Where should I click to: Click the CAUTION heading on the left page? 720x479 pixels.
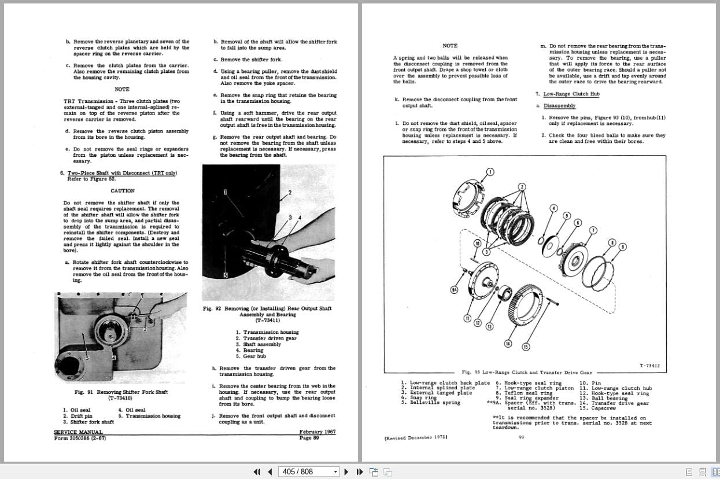pos(122,190)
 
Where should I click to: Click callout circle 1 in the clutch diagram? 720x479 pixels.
pos(490,172)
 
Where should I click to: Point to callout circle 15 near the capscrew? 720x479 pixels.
pos(526,347)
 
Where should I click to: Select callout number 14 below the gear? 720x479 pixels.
pos(508,344)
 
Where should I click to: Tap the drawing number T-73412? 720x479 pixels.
pos(649,366)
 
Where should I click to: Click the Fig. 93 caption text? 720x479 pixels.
pos(527,373)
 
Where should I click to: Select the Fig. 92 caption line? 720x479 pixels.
pos(267,308)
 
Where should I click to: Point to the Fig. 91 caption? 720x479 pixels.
pos(121,392)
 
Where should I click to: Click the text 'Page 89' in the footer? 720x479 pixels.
pos(309,438)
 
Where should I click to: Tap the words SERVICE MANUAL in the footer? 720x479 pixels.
pos(78,432)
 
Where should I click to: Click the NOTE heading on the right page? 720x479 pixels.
pos(449,45)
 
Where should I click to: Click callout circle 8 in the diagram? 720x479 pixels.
pos(611,243)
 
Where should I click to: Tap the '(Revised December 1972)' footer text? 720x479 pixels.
pos(416,437)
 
